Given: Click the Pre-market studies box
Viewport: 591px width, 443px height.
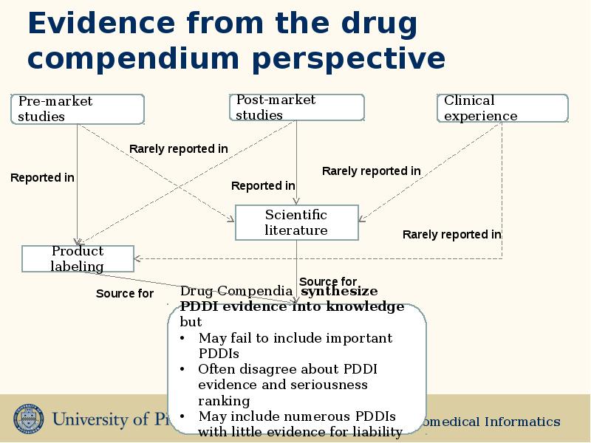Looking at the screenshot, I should pyautogui.click(x=78, y=109).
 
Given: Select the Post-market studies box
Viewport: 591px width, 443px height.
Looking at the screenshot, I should pyautogui.click(x=296, y=108).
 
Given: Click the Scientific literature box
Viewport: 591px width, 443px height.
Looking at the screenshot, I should pyautogui.click(x=296, y=222).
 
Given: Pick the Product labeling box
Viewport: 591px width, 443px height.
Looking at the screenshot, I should pyautogui.click(x=78, y=258).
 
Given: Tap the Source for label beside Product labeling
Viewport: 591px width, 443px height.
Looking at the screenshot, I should pyautogui.click(x=124, y=294).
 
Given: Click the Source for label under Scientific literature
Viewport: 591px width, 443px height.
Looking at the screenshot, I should pyautogui.click(x=327, y=281).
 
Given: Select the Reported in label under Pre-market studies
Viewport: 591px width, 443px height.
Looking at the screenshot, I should pyautogui.click(x=42, y=178).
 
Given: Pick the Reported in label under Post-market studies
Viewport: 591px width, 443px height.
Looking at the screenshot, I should pyautogui.click(x=263, y=186).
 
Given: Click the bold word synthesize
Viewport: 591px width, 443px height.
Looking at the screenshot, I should pyautogui.click(x=339, y=291).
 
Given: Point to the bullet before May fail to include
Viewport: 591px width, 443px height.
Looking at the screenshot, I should pyautogui.click(x=182, y=339).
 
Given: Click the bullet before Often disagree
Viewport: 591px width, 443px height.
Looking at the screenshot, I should pyautogui.click(x=182, y=369).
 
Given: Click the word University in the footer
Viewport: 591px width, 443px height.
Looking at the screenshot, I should pyautogui.click(x=92, y=420).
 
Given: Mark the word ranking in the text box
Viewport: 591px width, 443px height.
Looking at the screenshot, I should pyautogui.click(x=224, y=401).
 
